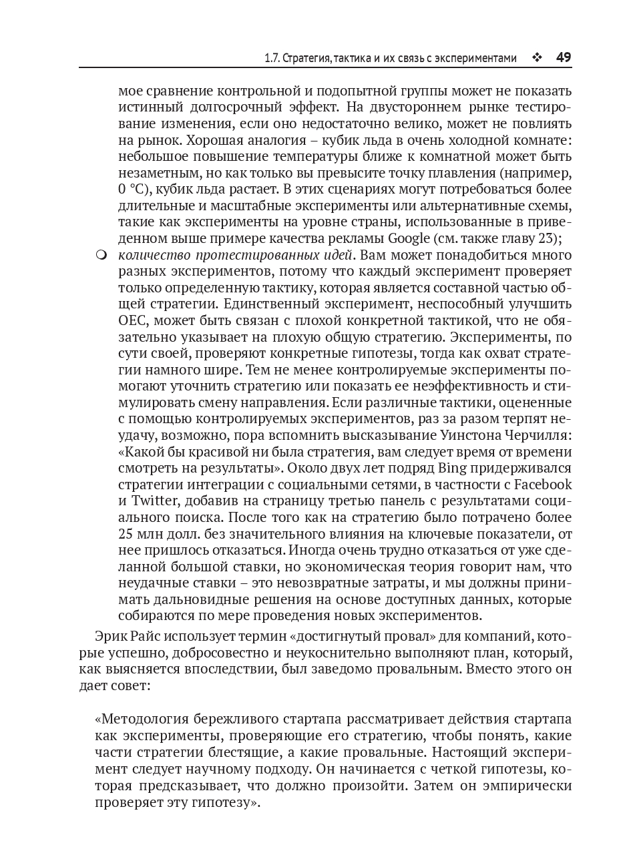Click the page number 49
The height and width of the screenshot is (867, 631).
(x=563, y=57)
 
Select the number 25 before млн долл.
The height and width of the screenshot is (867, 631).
(x=126, y=533)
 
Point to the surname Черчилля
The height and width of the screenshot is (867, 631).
(x=534, y=435)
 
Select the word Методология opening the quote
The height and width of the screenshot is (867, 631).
(x=142, y=719)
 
